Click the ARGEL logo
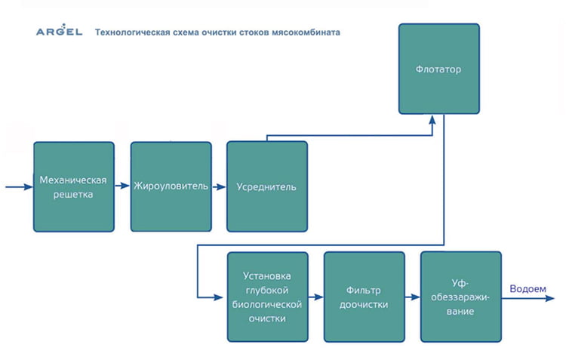pyautogui.click(x=59, y=32)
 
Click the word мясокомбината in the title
pyautogui.click(x=306, y=32)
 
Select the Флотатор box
pyautogui.click(x=438, y=69)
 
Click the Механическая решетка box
pyautogui.click(x=74, y=186)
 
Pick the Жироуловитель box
pyautogui.click(x=171, y=186)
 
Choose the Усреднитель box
pyautogui.click(x=267, y=186)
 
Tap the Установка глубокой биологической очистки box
pyautogui.click(x=267, y=297)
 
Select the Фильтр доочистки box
pyautogui.click(x=364, y=297)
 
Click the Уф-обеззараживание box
pyautogui.click(x=460, y=297)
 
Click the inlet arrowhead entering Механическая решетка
pyautogui.click(x=29, y=186)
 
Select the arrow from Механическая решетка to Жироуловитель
pyautogui.click(x=122, y=186)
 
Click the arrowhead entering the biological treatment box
pyautogui.click(x=223, y=297)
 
